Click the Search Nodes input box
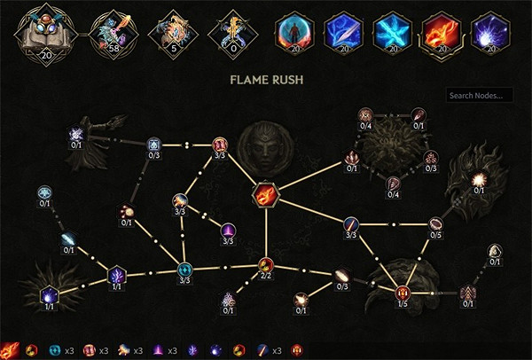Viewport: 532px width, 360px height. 480,95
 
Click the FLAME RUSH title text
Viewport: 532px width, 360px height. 266,79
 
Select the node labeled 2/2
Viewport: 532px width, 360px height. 266,264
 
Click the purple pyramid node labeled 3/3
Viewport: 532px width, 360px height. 228,229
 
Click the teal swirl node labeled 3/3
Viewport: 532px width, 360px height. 184,269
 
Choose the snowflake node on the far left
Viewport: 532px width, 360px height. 44,192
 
